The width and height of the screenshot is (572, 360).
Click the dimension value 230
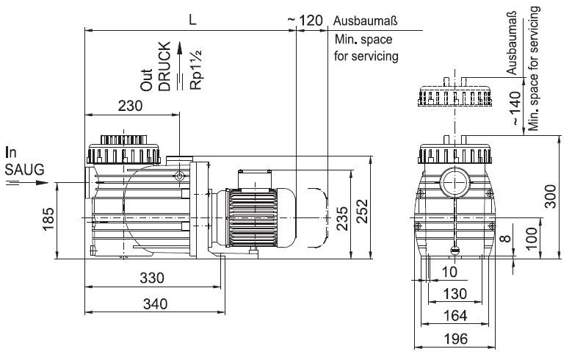point(130,106)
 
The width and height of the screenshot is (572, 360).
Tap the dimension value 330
point(152,278)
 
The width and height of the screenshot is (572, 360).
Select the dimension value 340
point(156,303)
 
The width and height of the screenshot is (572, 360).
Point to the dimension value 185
point(48,219)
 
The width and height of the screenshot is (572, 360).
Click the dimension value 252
point(362,211)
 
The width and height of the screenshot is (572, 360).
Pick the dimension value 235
point(342,218)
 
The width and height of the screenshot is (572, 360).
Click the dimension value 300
point(550,196)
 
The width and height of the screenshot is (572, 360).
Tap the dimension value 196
point(456,339)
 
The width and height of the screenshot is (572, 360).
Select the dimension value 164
point(455,316)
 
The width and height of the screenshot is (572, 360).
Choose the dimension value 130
point(455,294)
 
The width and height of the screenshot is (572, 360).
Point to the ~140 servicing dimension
point(515,109)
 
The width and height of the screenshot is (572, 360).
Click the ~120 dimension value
point(305,21)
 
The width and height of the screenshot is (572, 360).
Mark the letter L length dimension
point(192,20)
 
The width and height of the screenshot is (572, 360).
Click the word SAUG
point(24,170)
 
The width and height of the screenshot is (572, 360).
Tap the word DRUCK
point(165,66)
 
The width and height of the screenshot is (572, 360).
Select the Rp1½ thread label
point(196,69)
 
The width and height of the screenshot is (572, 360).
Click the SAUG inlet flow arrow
point(26,182)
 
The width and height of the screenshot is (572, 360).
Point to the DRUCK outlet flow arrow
point(179,66)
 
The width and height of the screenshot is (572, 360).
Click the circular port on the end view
point(455,181)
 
